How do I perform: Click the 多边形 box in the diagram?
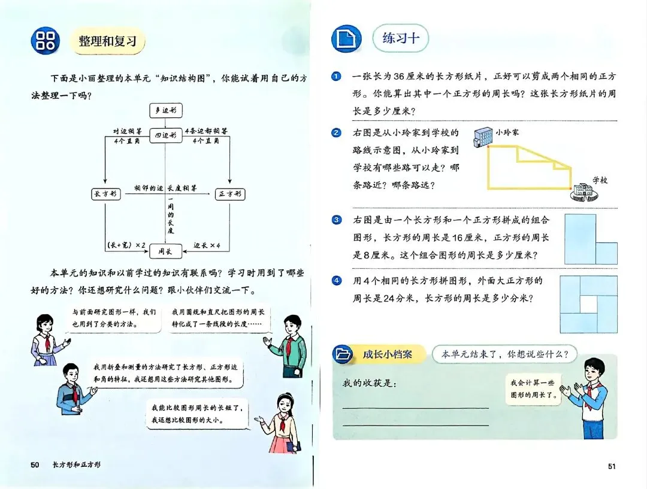tap(165, 110)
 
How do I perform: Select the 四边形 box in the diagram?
tap(165, 136)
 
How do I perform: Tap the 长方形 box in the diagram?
tap(105, 194)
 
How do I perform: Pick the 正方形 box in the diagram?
tap(229, 194)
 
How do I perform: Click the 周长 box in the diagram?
tap(165, 251)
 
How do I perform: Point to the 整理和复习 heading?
tap(108, 41)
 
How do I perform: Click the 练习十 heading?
tap(400, 38)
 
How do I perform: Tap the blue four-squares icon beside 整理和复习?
tap(46, 40)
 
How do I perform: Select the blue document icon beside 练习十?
tap(346, 40)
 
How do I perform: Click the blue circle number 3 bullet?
tap(337, 220)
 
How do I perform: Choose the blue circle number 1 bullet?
tap(337, 77)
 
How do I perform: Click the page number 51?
tap(611, 466)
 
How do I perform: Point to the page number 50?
tap(35, 464)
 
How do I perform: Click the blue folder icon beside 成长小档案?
tap(344, 354)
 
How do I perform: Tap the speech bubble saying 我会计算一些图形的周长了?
tap(534, 388)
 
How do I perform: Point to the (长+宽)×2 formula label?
tap(126, 245)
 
